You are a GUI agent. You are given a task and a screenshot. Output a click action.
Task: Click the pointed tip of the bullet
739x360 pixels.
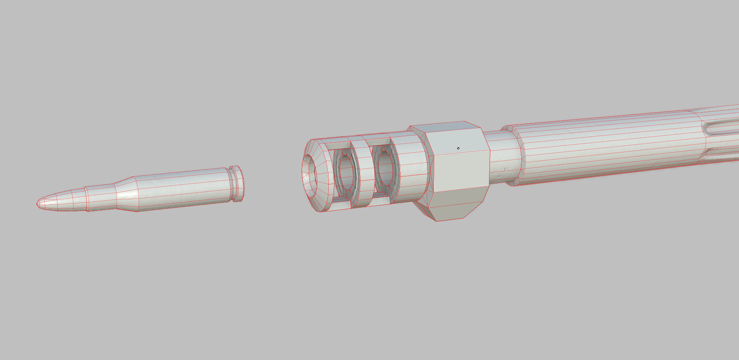(x=38, y=204)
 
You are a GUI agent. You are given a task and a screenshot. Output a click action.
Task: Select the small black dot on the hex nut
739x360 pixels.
(x=458, y=148)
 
